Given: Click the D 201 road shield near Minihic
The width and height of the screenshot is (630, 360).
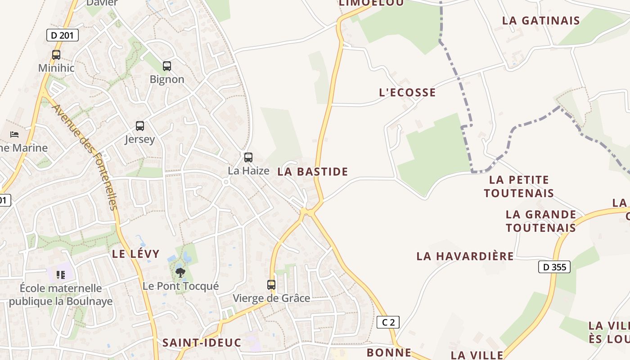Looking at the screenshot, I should pos(63,35).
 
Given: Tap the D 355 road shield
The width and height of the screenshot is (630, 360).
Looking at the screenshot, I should pos(554,267).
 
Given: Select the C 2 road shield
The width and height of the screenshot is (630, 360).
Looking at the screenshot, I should pos(388,322).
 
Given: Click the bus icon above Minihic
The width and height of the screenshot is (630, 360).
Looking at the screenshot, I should pos(56,55).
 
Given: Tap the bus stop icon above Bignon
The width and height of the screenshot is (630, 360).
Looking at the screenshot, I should pos(167,66).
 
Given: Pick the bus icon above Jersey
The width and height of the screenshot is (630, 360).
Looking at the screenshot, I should pos(140,126).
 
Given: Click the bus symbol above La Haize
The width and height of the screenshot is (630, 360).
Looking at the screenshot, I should pos(248,157).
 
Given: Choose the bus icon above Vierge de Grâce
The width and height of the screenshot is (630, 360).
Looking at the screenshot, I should pos(271,285).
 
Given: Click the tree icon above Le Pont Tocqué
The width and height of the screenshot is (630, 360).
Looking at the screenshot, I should pos(180,272).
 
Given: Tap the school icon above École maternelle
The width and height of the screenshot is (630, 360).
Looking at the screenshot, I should pos(61,274).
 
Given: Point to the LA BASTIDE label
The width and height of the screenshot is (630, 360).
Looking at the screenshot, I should pos(313,171).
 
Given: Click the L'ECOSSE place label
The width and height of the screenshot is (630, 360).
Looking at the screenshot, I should pos(407,93).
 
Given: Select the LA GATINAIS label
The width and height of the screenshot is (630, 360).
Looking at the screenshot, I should pos(541,21).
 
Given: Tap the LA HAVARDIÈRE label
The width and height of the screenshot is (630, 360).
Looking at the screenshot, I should pos(465,256).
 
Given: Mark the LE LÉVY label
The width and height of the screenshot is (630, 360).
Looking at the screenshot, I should pos(135,254).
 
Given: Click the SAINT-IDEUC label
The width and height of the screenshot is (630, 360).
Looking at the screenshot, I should pos(202,342).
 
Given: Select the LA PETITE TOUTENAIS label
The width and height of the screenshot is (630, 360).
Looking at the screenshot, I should pos(519,186).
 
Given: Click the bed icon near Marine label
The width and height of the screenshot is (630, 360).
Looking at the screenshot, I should pos(14,135).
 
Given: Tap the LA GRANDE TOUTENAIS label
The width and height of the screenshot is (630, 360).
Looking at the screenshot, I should pos(541,221).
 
